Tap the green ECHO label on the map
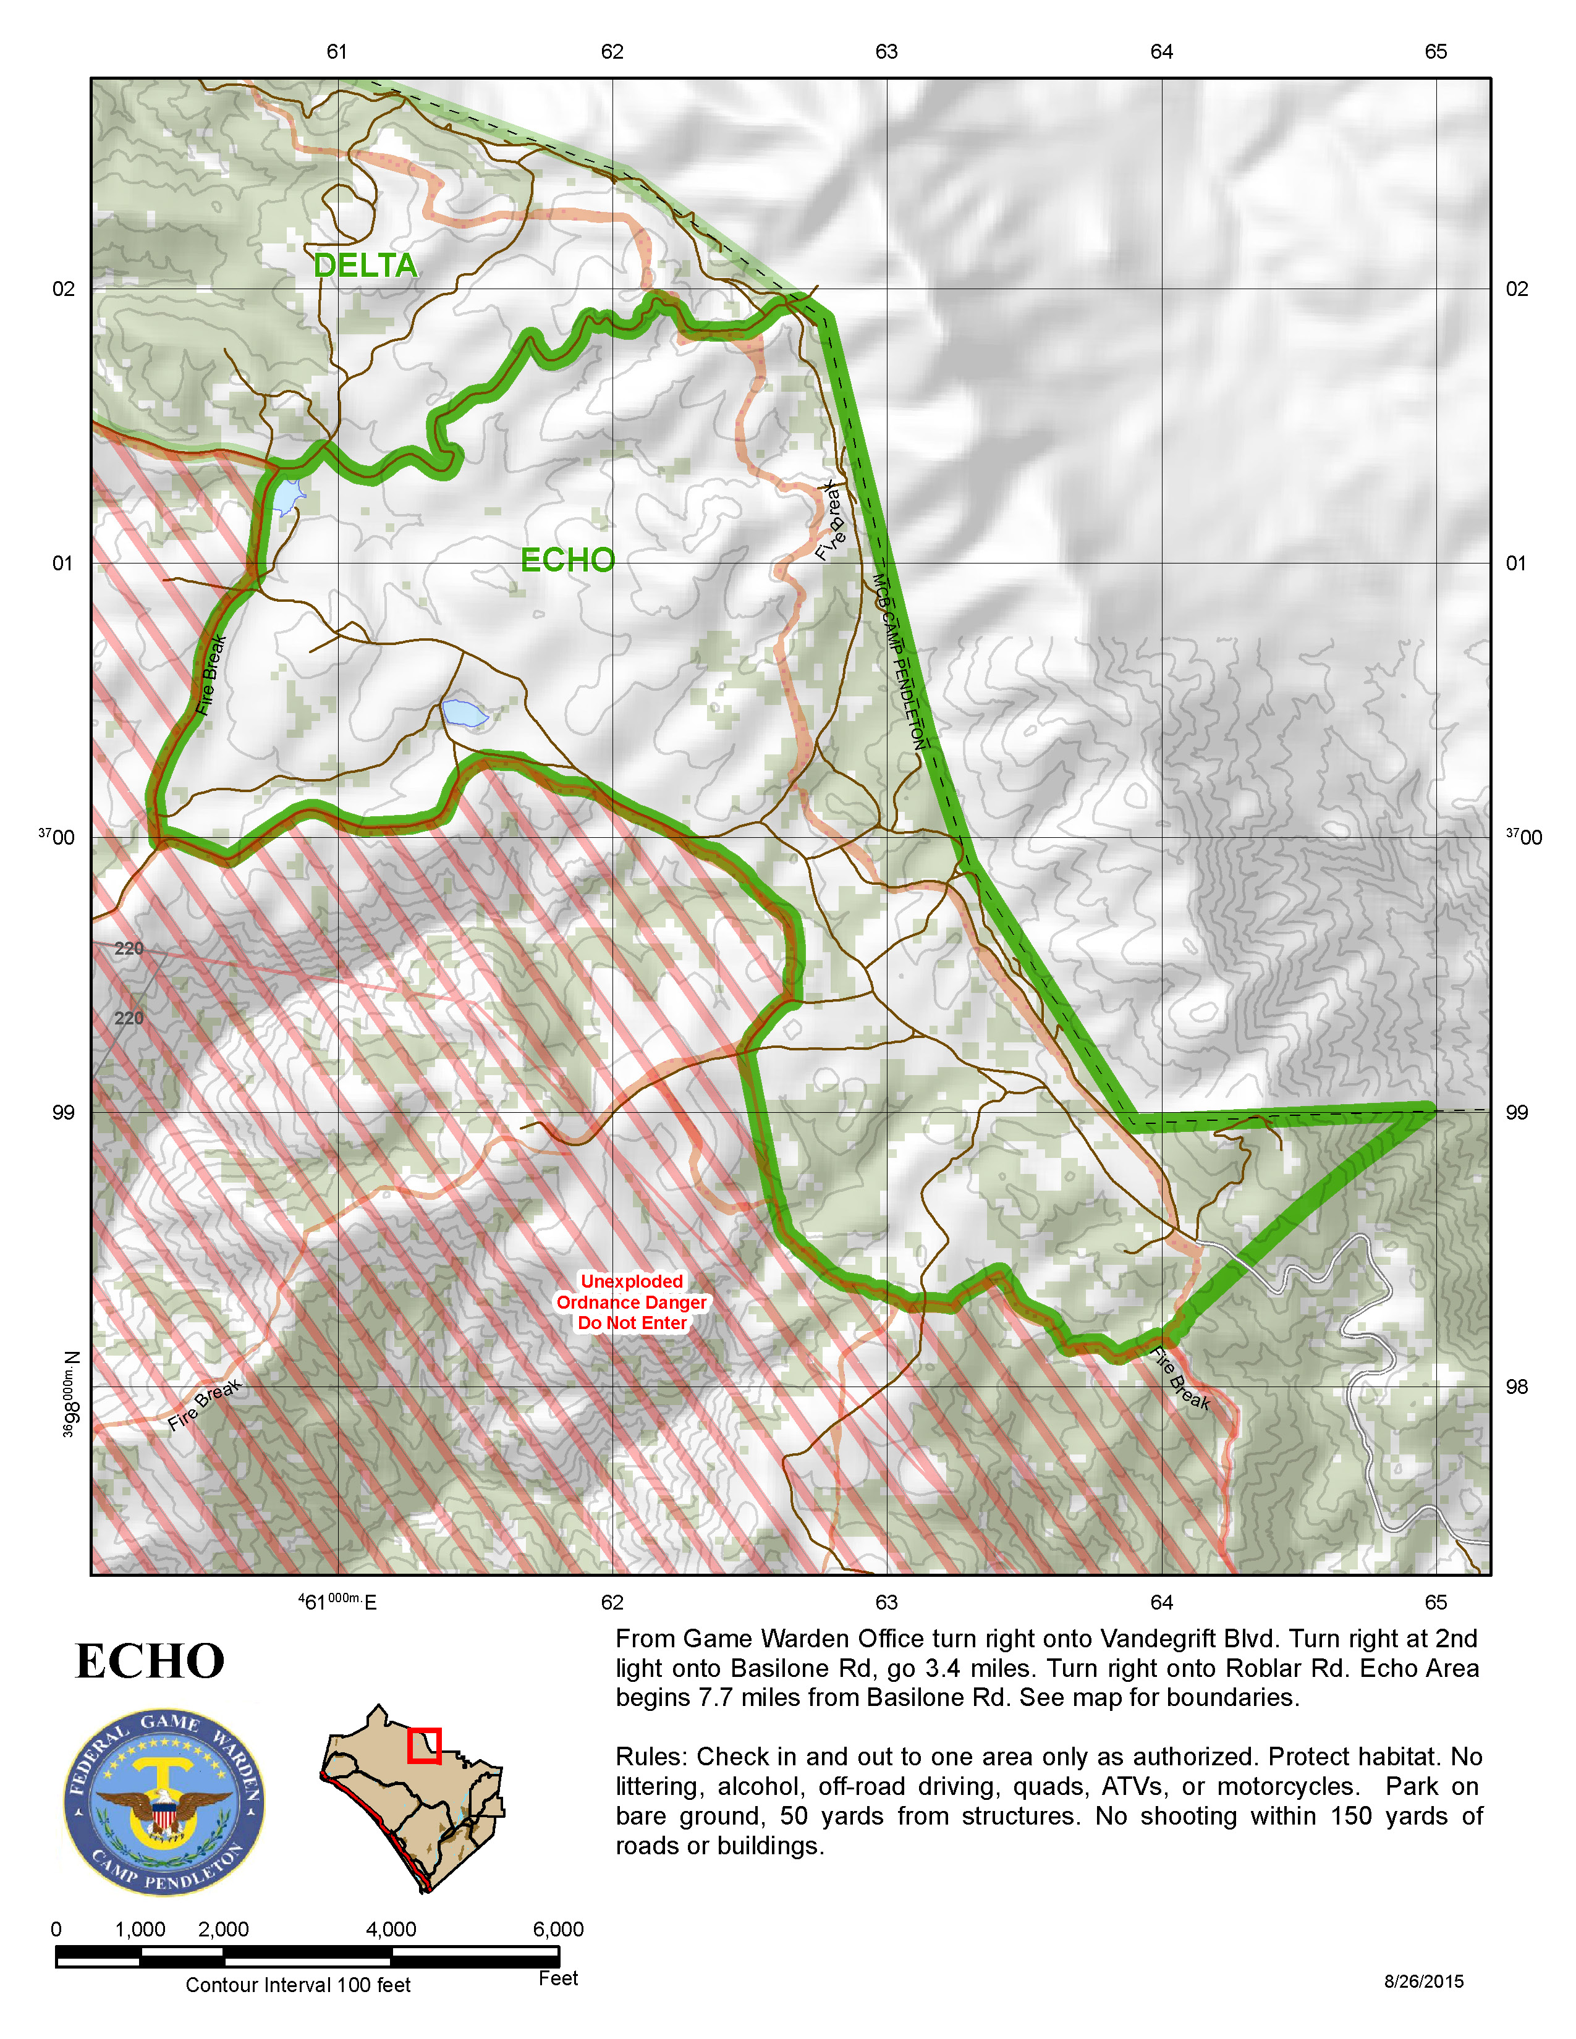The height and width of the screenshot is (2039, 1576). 567,560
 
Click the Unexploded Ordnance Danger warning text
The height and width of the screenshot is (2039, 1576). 632,1301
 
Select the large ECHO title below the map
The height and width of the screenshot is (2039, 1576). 150,1662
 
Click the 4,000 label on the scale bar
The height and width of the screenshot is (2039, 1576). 391,1929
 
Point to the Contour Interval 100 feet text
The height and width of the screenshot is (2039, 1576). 298,1985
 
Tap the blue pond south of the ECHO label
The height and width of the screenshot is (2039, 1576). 464,712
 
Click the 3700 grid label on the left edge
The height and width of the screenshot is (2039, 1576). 58,837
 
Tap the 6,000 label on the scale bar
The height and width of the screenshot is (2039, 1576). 558,1929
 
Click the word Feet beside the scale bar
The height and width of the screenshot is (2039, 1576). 558,1978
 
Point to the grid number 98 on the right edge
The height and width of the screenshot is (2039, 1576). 1516,1387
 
